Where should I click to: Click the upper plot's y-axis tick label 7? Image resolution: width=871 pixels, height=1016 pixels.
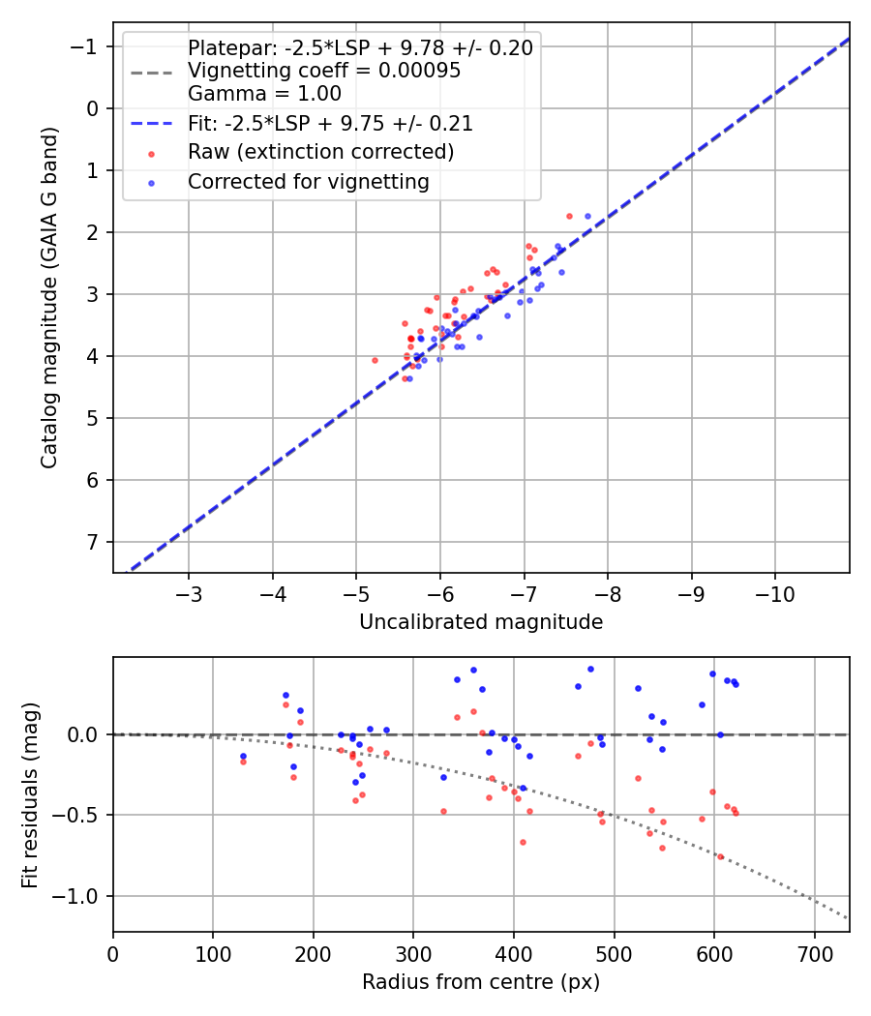[x=93, y=542]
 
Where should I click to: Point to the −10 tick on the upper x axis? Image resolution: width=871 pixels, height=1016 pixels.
[x=775, y=594]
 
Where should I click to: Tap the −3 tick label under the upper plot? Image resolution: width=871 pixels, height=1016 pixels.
[x=189, y=594]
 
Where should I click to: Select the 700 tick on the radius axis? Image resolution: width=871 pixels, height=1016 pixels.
[x=815, y=954]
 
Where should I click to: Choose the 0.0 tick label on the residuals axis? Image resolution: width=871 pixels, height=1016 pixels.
[x=84, y=734]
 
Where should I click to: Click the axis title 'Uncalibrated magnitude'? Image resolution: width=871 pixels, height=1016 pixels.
[x=481, y=622]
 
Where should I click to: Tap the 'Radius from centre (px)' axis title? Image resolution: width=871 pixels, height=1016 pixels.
[x=481, y=982]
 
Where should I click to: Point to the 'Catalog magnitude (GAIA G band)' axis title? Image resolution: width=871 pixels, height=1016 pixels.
[x=49, y=297]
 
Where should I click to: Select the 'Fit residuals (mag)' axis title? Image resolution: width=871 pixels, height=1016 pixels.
[x=30, y=795]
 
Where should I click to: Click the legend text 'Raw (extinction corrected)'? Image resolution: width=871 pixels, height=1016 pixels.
[x=320, y=152]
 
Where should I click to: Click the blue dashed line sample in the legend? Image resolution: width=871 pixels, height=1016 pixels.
[x=152, y=123]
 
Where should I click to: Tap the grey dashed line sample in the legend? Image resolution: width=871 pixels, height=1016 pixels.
[x=152, y=73]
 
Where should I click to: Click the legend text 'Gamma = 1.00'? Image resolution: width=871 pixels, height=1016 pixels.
[x=264, y=94]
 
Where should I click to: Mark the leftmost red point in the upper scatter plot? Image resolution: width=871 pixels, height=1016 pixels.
[x=375, y=360]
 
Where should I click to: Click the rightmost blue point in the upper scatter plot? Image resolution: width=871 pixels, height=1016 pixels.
[x=587, y=217]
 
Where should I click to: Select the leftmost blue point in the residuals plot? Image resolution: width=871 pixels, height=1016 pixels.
[x=243, y=756]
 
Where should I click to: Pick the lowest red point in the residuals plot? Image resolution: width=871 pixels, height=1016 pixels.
[x=720, y=856]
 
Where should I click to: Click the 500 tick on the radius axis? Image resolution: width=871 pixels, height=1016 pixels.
[x=614, y=954]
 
